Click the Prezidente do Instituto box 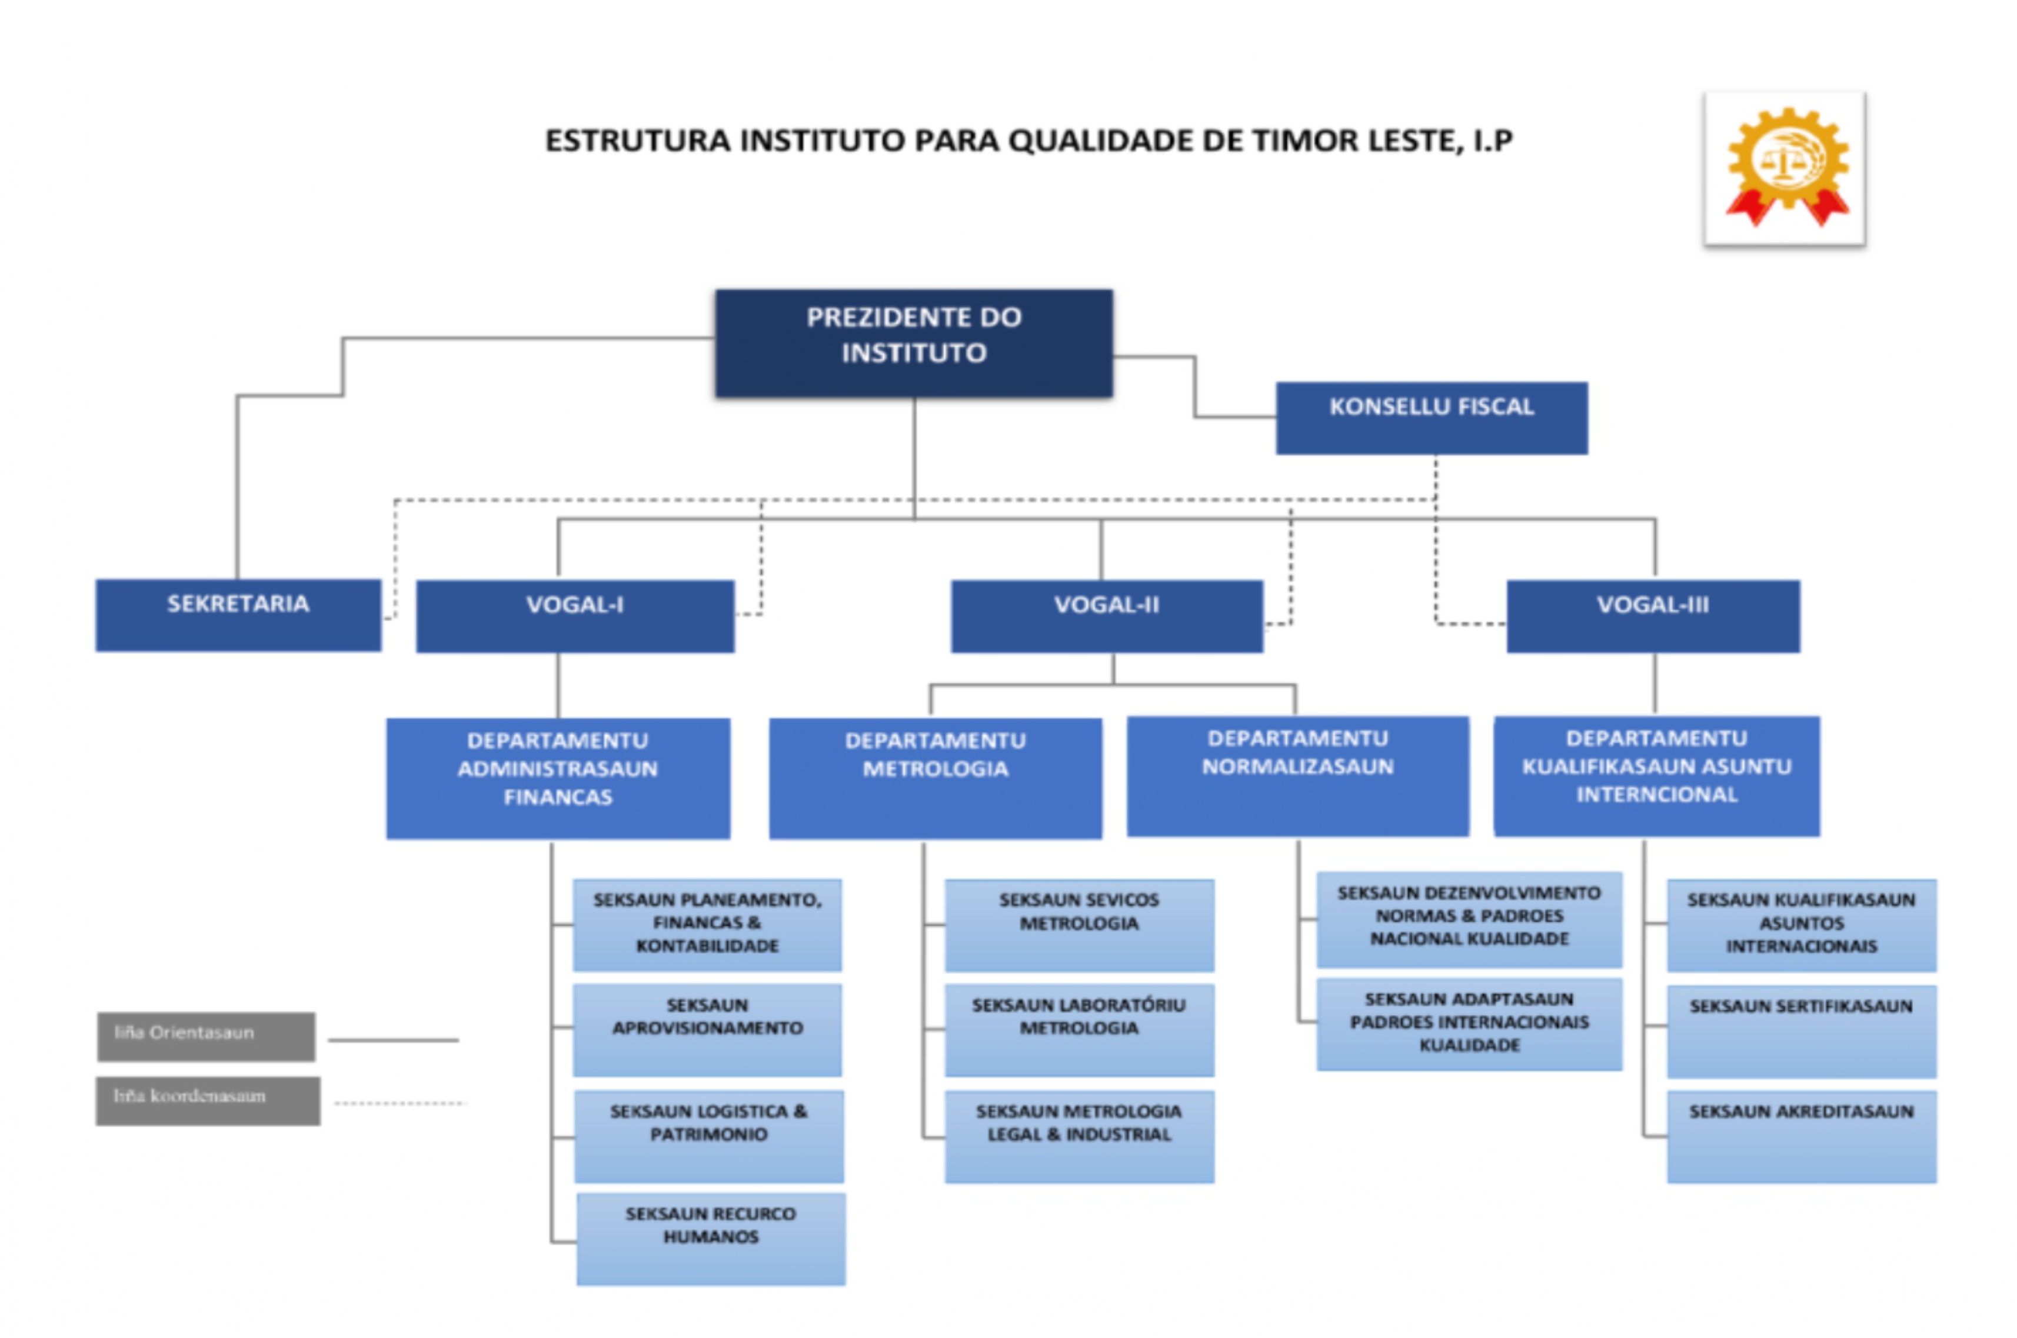coord(913,342)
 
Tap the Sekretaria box coord(238,615)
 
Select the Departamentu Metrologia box coord(935,778)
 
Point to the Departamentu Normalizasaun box coord(1297,776)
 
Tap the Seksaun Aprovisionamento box coord(707,1029)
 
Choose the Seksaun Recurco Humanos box coord(710,1237)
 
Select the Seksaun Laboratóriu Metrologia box coord(1079,1029)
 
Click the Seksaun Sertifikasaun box coord(1801,1031)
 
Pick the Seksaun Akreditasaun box coord(1801,1136)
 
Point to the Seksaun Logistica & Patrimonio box coord(708,1135)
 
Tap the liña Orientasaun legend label coord(206,1036)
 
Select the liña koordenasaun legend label coord(208,1100)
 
